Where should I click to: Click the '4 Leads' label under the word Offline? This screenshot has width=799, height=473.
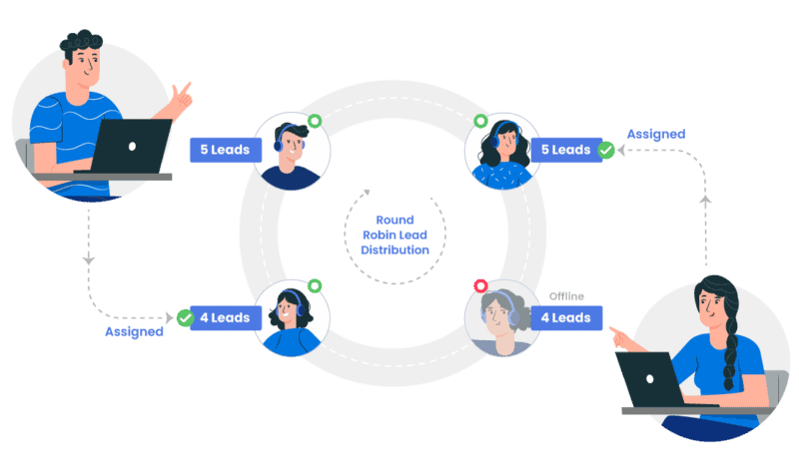(x=566, y=318)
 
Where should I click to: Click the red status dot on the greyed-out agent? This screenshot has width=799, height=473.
(x=480, y=285)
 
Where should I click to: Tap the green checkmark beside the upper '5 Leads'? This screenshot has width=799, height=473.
(x=606, y=150)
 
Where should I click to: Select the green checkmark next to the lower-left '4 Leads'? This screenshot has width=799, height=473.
(x=185, y=317)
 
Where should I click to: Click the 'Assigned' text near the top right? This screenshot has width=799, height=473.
(x=655, y=134)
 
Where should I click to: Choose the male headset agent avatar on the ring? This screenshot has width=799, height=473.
(x=293, y=151)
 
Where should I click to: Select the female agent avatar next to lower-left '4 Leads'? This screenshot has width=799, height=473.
(x=293, y=318)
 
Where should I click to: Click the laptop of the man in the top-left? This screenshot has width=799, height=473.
(x=131, y=145)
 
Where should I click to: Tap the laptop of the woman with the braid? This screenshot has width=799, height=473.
(x=648, y=378)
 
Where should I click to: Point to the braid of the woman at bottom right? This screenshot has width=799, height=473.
(x=730, y=339)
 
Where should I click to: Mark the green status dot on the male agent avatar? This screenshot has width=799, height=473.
(x=315, y=121)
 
